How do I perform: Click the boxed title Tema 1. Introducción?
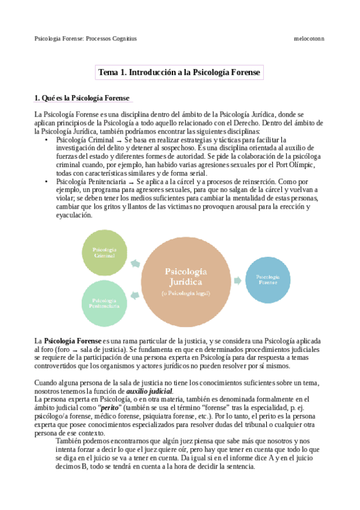click(x=180, y=72)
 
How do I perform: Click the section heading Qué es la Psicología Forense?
click(x=82, y=98)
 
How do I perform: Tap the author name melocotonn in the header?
click(x=309, y=38)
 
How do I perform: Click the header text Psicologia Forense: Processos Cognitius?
click(x=85, y=38)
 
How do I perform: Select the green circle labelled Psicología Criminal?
click(x=105, y=252)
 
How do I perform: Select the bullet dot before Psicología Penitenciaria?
click(x=47, y=181)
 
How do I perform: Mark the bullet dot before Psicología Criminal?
click(x=47, y=140)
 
